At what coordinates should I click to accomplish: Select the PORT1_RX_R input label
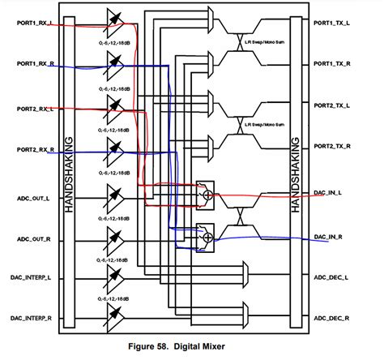pos(30,63)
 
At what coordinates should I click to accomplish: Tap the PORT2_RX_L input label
pos(30,108)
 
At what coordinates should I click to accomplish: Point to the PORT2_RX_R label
pos(30,149)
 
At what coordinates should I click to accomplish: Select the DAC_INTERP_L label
pos(30,277)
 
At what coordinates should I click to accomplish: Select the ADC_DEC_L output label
pos(332,277)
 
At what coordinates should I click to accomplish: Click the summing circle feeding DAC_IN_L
pos(207,195)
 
